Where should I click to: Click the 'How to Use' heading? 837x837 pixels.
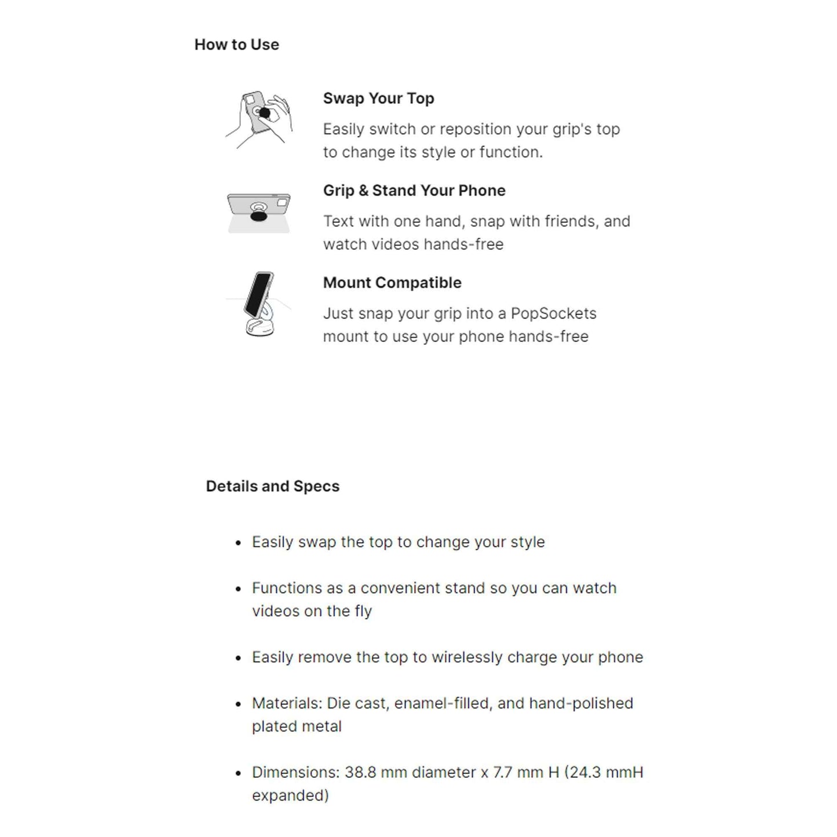[x=236, y=45]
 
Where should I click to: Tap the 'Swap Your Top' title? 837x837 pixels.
[x=378, y=98]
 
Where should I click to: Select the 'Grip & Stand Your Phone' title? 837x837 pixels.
[x=414, y=191]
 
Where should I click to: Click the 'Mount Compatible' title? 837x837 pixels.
[x=392, y=283]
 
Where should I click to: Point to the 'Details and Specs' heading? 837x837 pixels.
[x=272, y=486]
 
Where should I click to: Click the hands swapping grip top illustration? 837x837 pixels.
[x=259, y=119]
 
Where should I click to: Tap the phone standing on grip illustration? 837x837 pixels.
[x=258, y=212]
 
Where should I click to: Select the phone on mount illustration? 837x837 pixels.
[x=259, y=304]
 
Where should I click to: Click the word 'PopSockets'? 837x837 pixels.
[x=553, y=313]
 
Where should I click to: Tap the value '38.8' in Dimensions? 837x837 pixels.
[x=362, y=772]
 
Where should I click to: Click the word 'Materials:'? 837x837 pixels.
[x=287, y=703]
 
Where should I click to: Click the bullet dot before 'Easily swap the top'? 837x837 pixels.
[x=238, y=543]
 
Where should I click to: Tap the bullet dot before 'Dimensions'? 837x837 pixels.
[x=238, y=773]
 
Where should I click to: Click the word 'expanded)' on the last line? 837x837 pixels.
[x=290, y=796]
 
